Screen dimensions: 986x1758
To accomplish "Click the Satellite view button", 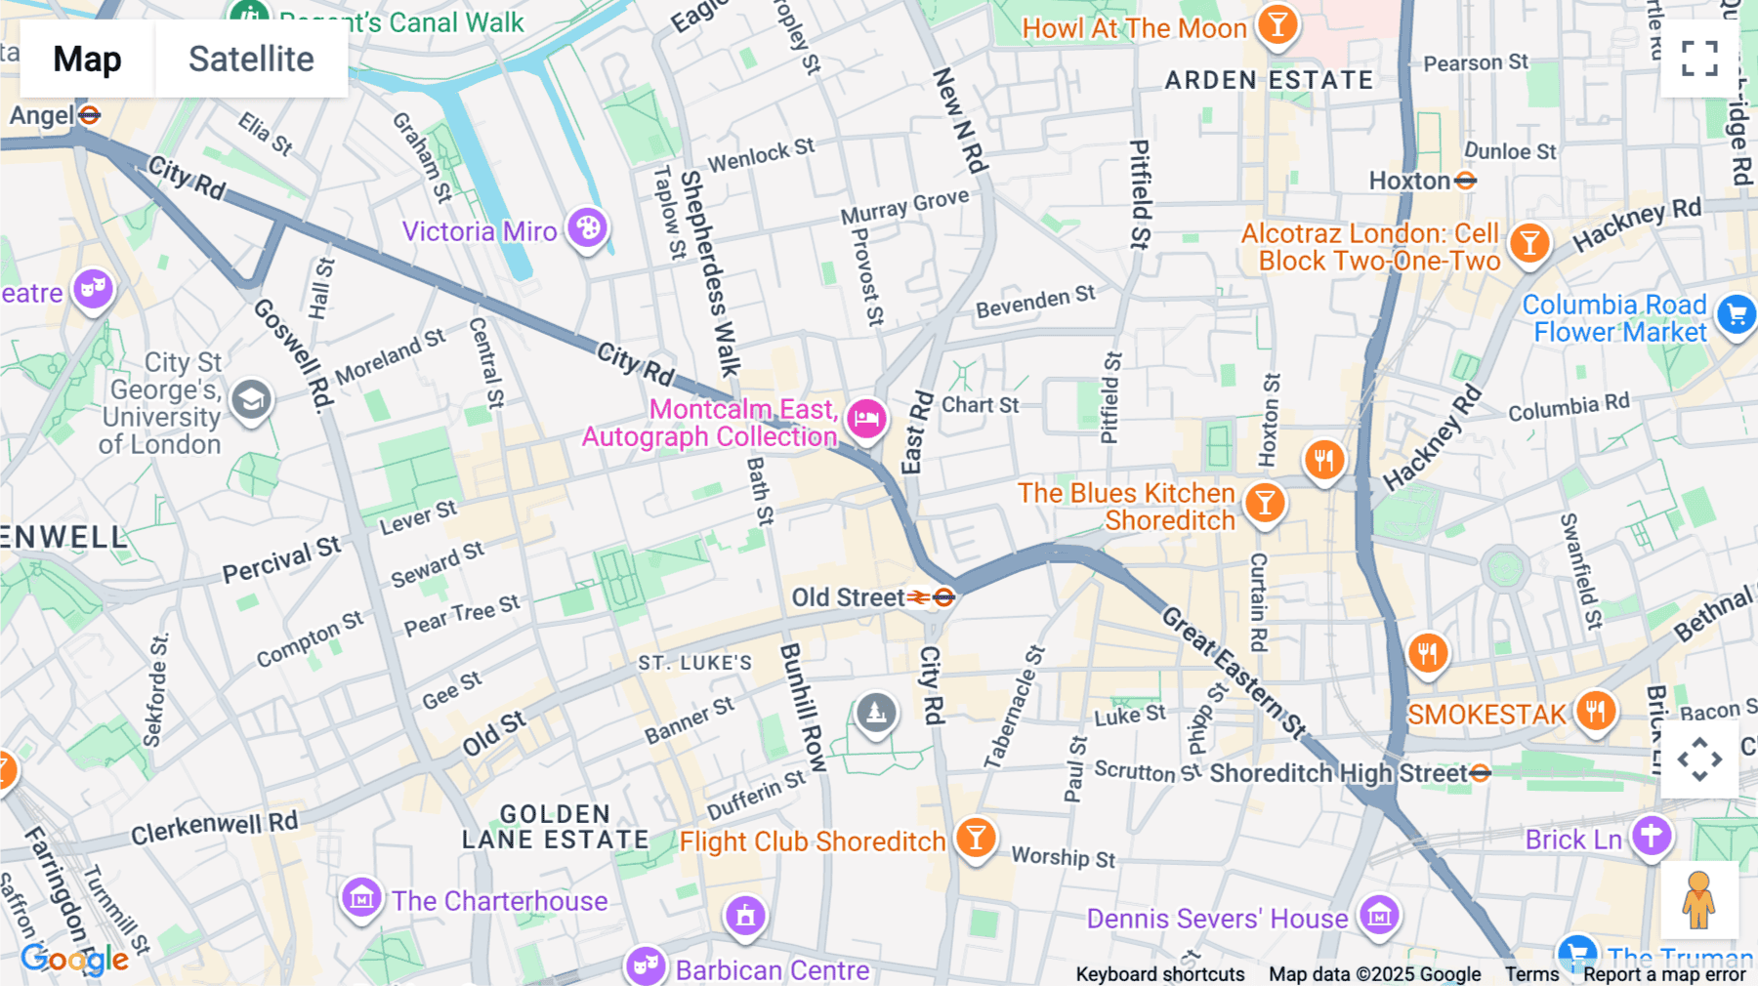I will [x=251, y=60].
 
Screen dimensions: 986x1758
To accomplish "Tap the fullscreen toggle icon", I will [x=1699, y=59].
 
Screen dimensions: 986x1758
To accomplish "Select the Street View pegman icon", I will [x=1698, y=900].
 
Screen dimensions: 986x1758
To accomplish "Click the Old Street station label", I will [x=848, y=597].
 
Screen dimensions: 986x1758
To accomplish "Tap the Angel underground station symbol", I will [x=90, y=115].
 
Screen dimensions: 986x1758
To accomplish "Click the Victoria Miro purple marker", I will [x=588, y=228].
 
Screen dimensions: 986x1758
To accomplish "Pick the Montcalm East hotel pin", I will [x=866, y=420].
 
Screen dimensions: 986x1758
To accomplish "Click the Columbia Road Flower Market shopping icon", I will [x=1736, y=314].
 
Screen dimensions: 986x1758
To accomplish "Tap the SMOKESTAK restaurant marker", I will [x=1595, y=711].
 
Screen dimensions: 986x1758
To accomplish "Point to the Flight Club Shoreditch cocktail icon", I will [x=975, y=838].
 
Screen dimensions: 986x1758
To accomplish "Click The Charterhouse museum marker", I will [x=361, y=896].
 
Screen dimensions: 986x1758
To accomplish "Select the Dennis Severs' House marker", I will [x=1379, y=916].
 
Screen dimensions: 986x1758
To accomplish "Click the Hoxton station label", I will [x=1409, y=181].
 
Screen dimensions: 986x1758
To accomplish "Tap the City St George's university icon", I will [x=251, y=399].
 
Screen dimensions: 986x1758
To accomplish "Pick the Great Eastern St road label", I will [x=1233, y=672].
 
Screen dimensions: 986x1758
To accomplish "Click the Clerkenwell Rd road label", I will [x=214, y=827].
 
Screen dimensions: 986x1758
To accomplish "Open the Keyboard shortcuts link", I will [x=1159, y=973].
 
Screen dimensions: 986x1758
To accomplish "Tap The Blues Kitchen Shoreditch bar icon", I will [x=1265, y=504].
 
